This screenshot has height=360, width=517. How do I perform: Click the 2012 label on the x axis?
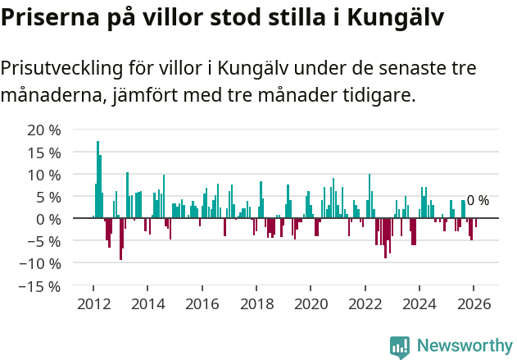click(93, 303)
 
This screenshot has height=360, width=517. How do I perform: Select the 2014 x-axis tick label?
click(147, 303)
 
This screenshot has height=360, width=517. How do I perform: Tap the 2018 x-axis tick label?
click(256, 303)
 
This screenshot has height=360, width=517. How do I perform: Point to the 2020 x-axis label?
click(311, 303)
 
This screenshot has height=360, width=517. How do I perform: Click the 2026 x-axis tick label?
click(474, 303)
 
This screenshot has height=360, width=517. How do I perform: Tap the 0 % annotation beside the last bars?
click(478, 200)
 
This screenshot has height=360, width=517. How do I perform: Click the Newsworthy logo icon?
click(400, 347)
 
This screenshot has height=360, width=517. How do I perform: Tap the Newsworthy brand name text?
click(465, 347)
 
